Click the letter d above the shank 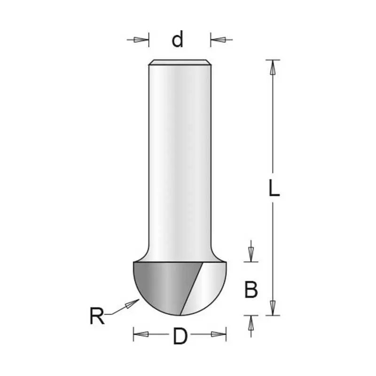[x=178, y=39]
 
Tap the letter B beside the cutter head [x=251, y=290]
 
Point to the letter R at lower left [x=97, y=315]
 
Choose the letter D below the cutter [x=180, y=336]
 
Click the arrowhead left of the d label [x=141, y=40]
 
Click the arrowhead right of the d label [x=218, y=39]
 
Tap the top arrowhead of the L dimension [x=273, y=67]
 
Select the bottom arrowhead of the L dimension [x=273, y=308]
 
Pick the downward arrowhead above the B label [x=251, y=254]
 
